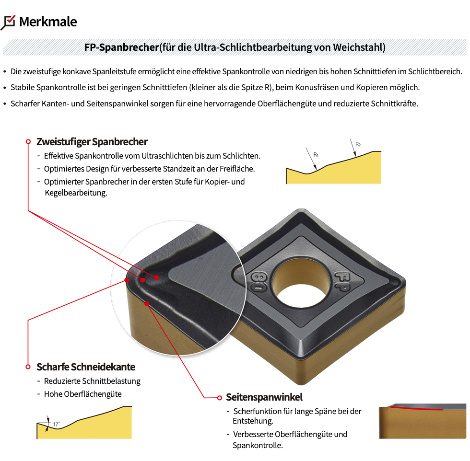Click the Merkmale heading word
(x=48, y=22)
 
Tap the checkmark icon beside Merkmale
(x=8, y=22)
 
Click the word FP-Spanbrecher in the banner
(x=121, y=47)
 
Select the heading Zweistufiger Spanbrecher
(x=92, y=142)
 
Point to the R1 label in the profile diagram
(x=316, y=155)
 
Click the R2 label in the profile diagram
(x=358, y=144)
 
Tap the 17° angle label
(x=57, y=424)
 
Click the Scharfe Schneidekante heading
(x=86, y=367)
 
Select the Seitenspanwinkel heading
(x=264, y=397)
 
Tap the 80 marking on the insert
(x=258, y=282)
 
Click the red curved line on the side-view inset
(x=416, y=408)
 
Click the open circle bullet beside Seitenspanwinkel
(x=220, y=398)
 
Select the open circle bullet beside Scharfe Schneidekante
(x=28, y=367)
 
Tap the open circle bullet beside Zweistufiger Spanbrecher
(x=28, y=141)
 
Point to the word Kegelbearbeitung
(x=76, y=193)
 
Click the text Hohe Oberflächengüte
(x=82, y=394)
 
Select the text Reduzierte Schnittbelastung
(x=92, y=381)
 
